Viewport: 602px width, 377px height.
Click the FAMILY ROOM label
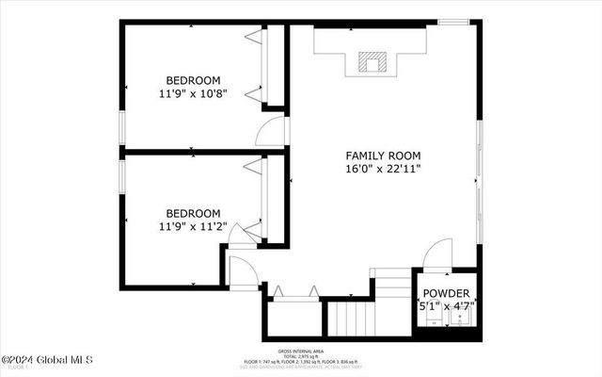(x=383, y=156)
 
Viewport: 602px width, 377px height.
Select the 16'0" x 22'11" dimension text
(x=383, y=170)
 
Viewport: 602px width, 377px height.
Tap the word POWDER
(x=445, y=293)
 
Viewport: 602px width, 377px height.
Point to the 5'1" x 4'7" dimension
(x=445, y=306)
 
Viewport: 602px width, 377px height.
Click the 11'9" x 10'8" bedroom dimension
(x=193, y=94)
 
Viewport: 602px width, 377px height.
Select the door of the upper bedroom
(x=271, y=133)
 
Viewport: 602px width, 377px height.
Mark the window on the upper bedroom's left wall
(x=120, y=127)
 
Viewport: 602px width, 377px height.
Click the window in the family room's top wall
(x=454, y=22)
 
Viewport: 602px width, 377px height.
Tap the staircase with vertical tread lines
(x=350, y=318)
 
